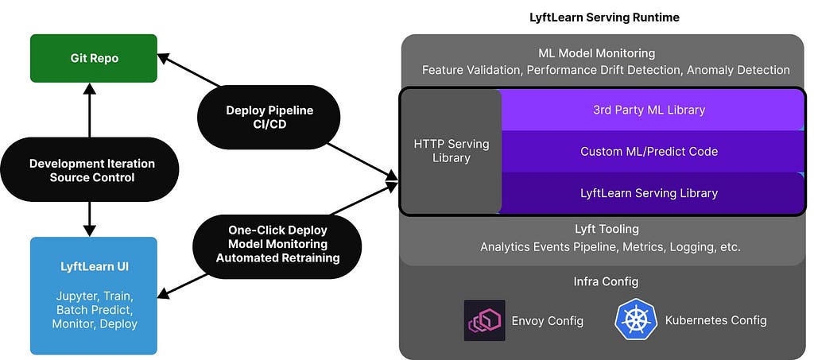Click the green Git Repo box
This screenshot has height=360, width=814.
coord(94,58)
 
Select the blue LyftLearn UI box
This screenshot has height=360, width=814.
coord(94,295)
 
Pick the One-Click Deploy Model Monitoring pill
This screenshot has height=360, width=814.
coord(277,243)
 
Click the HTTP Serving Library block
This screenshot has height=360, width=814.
coord(452,151)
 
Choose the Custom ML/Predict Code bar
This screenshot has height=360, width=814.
coord(649,151)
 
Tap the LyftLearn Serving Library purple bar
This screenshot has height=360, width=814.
coord(649,193)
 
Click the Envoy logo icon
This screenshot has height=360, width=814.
coord(484,320)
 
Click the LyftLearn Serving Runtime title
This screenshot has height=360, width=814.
coord(604,17)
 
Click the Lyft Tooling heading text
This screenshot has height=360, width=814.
coord(607,230)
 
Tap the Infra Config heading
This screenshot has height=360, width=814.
coord(606,281)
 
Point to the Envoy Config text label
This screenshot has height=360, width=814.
coord(548,321)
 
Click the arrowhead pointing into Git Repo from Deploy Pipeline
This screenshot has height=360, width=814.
coord(163,57)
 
